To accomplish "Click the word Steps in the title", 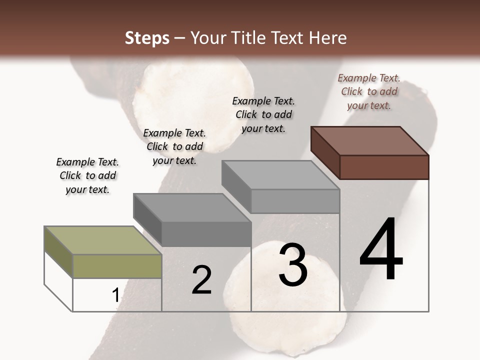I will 147,38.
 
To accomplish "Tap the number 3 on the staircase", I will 293,265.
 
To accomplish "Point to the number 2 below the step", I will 201,280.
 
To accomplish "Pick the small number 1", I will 115,295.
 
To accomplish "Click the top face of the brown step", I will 370,140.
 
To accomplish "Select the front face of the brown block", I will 384,167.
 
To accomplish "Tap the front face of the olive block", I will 117,266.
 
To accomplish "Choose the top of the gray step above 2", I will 192,207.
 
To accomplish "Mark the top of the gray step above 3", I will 280,174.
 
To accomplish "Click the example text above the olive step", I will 87,175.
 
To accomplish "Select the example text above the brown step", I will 369,91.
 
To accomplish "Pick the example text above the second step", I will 174,146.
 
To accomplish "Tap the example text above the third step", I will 263,114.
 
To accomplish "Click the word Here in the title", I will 327,38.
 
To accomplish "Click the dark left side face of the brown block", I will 325,152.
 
